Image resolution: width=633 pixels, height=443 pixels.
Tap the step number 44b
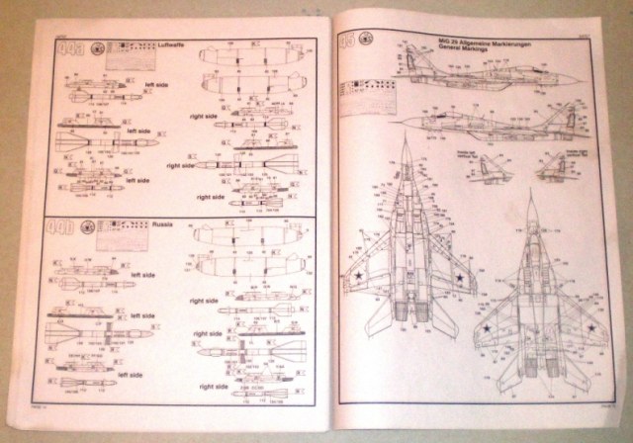coord(70,225)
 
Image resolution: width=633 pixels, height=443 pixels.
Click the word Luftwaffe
coord(175,45)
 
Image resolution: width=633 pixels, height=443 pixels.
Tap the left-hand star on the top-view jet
coord(356,280)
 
